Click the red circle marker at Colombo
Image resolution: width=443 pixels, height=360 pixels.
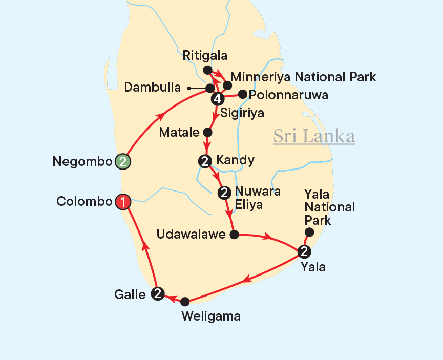pyautogui.click(x=123, y=202)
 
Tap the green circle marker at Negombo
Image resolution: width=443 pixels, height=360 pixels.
pyautogui.click(x=123, y=162)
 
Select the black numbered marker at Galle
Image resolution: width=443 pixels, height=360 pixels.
pyautogui.click(x=158, y=293)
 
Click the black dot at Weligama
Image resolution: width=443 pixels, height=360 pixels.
pyautogui.click(x=185, y=302)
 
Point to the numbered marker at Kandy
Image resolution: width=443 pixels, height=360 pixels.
pyautogui.click(x=205, y=161)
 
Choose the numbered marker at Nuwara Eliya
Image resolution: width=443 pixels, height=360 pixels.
pyautogui.click(x=224, y=193)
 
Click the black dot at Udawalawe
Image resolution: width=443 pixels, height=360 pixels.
pyautogui.click(x=234, y=235)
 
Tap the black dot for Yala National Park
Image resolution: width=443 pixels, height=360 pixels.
pyautogui.click(x=309, y=232)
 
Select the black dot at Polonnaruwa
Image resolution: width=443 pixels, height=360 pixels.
pyautogui.click(x=243, y=94)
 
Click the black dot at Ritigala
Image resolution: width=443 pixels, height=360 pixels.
pyautogui.click(x=207, y=70)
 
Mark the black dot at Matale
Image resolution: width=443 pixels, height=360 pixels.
pyautogui.click(x=208, y=132)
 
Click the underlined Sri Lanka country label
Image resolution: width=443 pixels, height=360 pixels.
pyautogui.click(x=314, y=137)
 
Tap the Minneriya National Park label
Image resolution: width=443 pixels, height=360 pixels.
pyautogui.click(x=303, y=77)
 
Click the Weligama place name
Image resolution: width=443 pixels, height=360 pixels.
pyautogui.click(x=211, y=316)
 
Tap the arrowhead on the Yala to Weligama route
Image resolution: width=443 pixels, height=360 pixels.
pyautogui.click(x=246, y=280)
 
